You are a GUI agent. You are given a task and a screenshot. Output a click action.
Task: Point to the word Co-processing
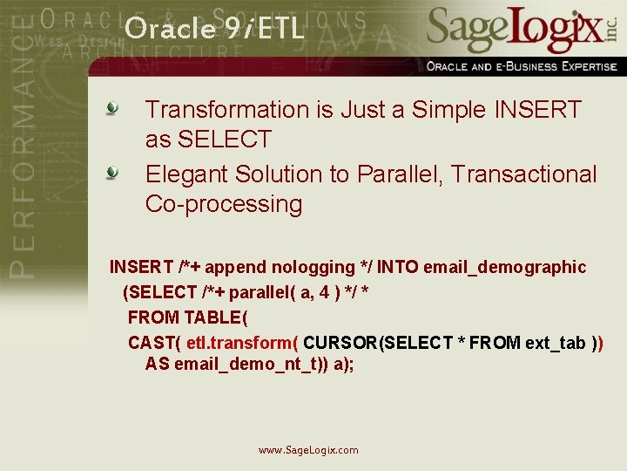[x=224, y=205]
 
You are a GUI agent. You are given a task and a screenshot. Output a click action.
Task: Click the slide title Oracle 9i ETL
[x=214, y=29]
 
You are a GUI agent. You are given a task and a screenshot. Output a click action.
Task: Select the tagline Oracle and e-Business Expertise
[x=522, y=66]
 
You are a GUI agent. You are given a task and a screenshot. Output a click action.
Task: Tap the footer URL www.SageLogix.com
[x=308, y=450]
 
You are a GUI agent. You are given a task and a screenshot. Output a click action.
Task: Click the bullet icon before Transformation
[x=112, y=109]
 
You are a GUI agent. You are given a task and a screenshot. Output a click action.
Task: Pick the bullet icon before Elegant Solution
[x=112, y=174]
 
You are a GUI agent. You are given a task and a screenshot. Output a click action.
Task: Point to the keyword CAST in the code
[x=152, y=342]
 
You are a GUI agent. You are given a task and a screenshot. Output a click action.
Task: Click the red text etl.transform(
[x=243, y=342]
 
